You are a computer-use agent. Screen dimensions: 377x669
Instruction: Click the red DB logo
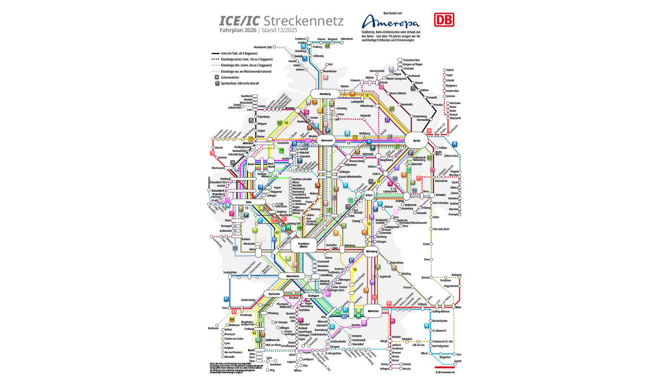pos(444,20)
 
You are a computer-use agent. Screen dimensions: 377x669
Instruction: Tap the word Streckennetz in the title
pos(303,21)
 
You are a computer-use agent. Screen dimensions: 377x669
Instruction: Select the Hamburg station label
pos(325,94)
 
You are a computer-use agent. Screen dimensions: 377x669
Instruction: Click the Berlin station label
pos(416,140)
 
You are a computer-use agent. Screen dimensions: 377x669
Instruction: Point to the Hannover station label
pos(327,140)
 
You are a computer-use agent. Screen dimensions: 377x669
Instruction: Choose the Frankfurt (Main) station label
pos(303,245)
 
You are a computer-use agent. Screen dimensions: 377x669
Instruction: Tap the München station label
pos(373,311)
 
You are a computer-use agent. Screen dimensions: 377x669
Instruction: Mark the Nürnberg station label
pos(371,251)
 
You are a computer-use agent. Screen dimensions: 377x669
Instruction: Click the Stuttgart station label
pos(313,296)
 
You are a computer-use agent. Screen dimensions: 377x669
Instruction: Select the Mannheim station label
pos(292,276)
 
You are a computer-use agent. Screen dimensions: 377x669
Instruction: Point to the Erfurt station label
pos(369,195)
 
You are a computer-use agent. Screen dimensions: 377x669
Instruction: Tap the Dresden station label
pos(440,195)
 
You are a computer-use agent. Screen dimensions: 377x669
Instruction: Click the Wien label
pos(458,308)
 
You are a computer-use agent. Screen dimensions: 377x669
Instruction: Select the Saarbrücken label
pos(230,272)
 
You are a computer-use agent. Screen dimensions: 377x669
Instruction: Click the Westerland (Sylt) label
pos(263,47)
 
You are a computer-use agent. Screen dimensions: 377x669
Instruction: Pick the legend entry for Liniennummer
pos(230,77)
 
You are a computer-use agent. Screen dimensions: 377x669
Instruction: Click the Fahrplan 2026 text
pos(238,31)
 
